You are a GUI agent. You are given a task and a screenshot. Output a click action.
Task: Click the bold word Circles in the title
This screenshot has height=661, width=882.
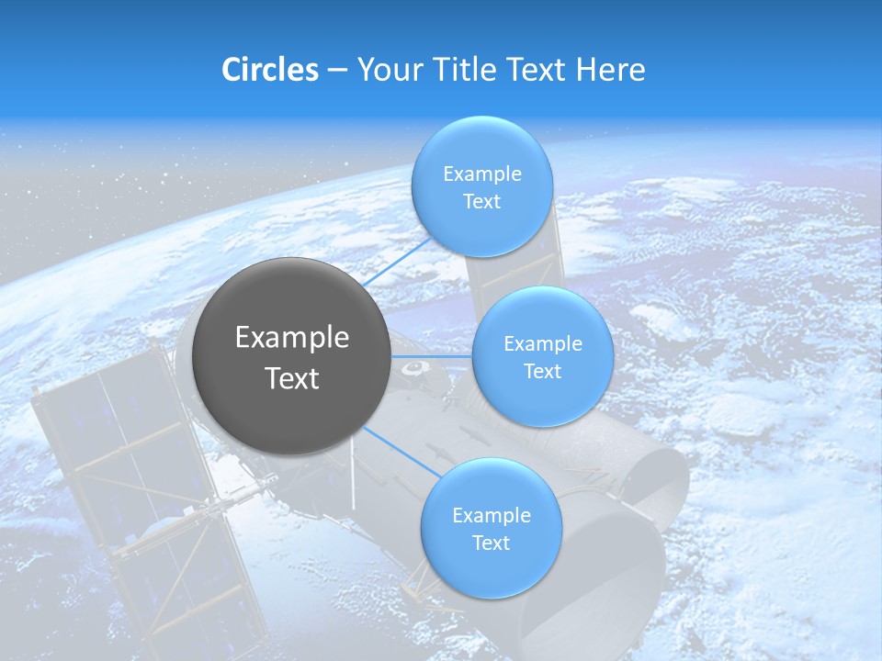[269, 70]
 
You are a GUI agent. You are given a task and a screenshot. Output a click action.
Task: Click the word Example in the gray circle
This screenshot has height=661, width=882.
[292, 338]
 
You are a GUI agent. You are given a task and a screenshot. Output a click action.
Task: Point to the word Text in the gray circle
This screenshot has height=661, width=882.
[292, 378]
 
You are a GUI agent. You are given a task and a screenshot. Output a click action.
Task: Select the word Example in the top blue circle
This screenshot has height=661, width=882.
[481, 174]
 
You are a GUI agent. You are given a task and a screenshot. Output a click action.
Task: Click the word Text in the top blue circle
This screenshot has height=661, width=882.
[481, 202]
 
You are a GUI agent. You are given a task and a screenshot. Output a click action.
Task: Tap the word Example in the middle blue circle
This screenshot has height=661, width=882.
[543, 343]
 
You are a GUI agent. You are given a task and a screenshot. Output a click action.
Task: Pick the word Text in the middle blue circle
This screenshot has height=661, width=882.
[543, 371]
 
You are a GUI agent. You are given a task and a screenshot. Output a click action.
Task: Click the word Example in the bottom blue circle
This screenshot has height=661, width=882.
[491, 515]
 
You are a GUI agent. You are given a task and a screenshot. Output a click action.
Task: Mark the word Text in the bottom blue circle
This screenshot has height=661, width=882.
[491, 543]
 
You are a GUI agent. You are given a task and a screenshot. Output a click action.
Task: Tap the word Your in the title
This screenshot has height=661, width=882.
[387, 70]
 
